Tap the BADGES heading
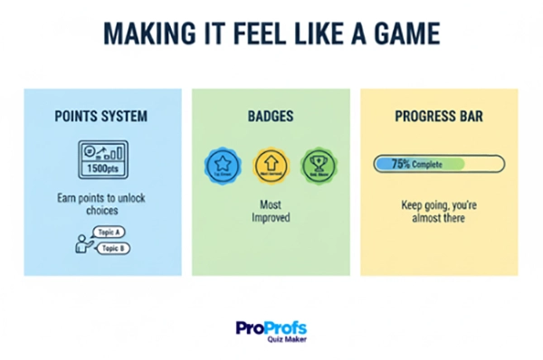point(271,117)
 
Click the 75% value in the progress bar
point(402,165)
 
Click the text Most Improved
point(271,212)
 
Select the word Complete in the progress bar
point(433,165)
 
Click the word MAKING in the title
point(146,34)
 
